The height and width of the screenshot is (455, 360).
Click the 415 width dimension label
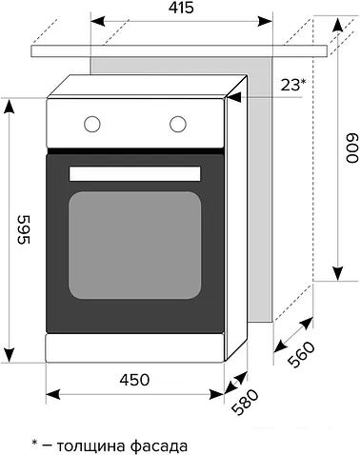[181, 8]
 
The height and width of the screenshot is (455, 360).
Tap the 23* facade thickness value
[293, 85]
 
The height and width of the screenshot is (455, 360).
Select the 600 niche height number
[351, 148]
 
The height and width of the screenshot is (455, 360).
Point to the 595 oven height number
[24, 229]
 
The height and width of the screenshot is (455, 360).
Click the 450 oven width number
[134, 380]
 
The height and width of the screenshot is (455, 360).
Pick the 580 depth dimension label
[245, 403]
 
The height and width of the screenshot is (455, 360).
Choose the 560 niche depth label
[301, 354]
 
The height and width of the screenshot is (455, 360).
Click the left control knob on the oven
[92, 124]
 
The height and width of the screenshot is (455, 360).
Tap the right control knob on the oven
[178, 124]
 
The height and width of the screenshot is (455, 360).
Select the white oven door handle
[134, 174]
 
